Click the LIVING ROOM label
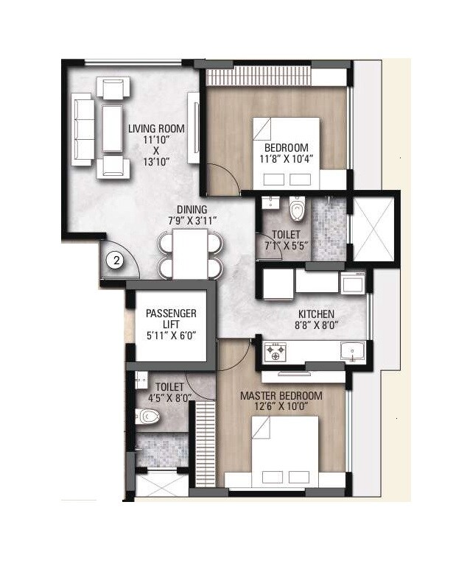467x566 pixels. tap(156, 129)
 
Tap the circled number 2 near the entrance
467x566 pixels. tap(116, 259)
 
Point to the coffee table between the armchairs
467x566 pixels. tap(112, 130)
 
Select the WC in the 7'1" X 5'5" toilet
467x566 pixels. tap(298, 210)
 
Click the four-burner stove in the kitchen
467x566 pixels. tap(276, 352)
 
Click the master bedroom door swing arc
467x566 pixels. tap(200, 381)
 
